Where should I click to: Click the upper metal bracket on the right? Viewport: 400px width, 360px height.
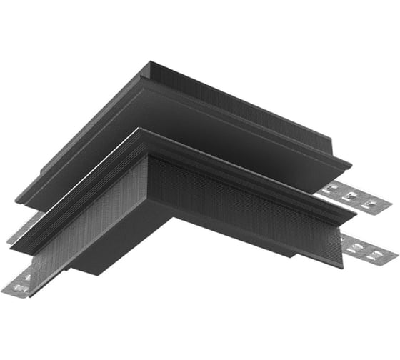354,197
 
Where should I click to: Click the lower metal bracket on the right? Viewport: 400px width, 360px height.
367,246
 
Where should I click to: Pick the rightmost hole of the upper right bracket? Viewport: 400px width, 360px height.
369,204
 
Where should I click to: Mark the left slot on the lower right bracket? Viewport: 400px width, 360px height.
356,242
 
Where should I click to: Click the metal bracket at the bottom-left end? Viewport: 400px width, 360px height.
21,282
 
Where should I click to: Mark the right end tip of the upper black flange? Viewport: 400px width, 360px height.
351,167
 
